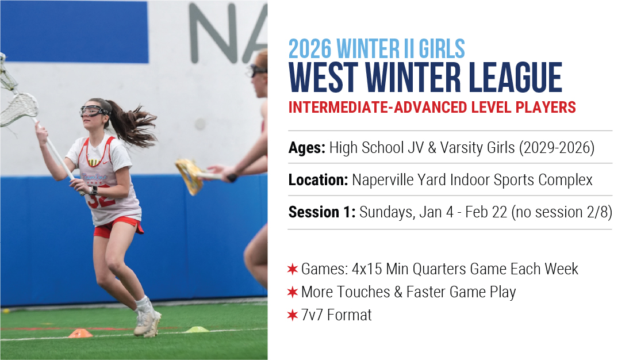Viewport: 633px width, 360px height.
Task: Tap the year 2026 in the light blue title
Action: (310, 49)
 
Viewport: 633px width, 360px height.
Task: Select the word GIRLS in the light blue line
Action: (442, 49)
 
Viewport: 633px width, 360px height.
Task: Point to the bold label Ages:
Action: (307, 148)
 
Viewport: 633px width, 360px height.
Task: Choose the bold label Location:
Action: (318, 180)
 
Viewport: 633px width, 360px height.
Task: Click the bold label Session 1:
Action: (322, 212)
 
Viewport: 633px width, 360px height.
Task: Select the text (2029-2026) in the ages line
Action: (557, 148)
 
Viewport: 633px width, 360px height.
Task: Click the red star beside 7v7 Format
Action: (292, 315)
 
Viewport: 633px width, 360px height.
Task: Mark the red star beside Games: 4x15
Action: (292, 269)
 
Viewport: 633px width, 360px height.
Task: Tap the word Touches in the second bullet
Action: (366, 292)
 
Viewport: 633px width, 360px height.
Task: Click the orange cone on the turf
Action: (80, 334)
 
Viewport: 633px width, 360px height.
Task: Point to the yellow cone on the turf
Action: (197, 330)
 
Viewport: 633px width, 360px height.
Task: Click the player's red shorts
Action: (117, 227)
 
